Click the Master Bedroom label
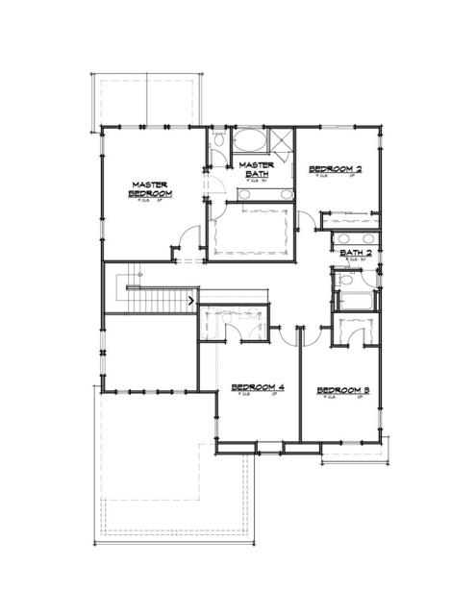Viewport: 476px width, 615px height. point(151,188)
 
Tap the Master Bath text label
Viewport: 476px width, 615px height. point(257,169)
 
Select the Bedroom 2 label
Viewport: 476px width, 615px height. point(335,170)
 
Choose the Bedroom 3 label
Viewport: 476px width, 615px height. point(343,389)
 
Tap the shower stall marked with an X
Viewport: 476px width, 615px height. point(282,142)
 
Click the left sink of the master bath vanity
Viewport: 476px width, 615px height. point(244,194)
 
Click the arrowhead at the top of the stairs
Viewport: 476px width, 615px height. point(194,301)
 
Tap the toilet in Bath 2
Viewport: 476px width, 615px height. point(343,282)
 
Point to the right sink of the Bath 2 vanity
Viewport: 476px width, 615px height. point(368,239)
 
